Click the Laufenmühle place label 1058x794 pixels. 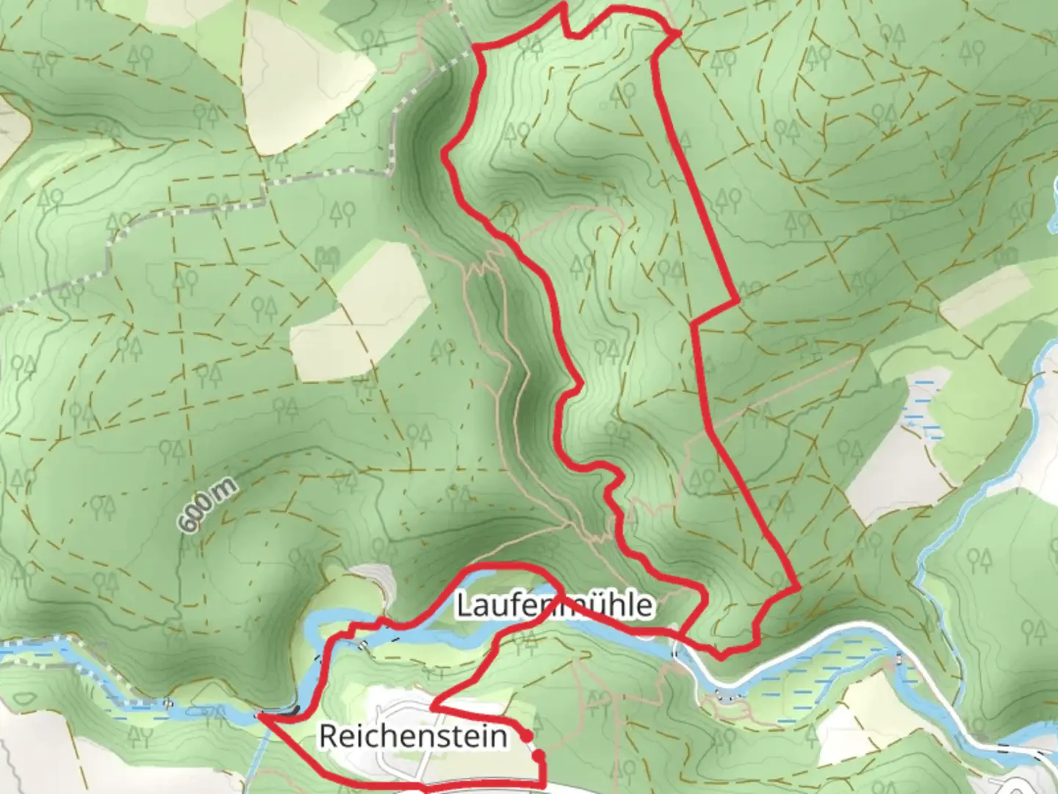[x=554, y=606]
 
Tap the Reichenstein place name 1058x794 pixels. [x=413, y=736]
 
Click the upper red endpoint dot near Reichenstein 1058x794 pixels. [x=526, y=735]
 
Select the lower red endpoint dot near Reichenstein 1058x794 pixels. [x=539, y=755]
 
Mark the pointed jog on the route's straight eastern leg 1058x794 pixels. [x=737, y=301]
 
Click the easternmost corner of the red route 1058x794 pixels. [x=799, y=588]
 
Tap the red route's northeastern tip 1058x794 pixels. [x=677, y=32]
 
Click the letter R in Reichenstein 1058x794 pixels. [x=328, y=736]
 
